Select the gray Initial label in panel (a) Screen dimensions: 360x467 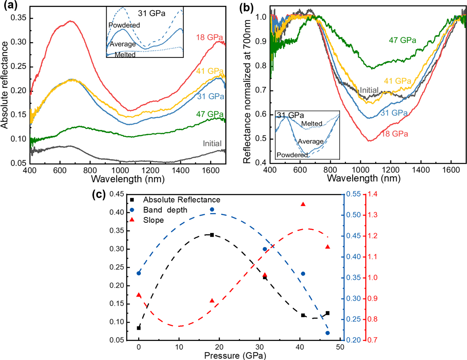212,143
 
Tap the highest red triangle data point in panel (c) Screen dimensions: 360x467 303,204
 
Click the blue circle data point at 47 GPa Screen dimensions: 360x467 328,333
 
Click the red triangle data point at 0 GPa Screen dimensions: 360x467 139,295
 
